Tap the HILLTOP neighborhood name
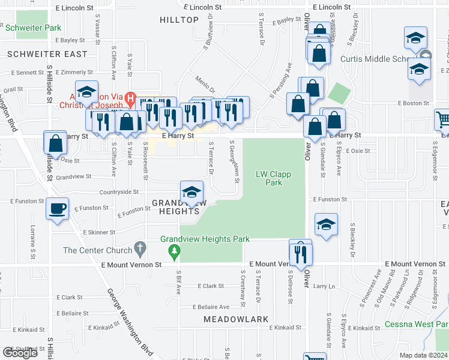coord(179,20)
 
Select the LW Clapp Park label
coord(273,178)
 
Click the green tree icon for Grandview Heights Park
coord(174,250)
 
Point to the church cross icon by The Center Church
coord(140,247)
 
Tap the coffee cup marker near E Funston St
coord(57,209)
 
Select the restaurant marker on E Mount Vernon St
coord(301,251)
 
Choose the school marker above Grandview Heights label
coord(191,193)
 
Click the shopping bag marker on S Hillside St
coord(55,144)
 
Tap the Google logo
coord(20,353)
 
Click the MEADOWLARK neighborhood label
coord(235,319)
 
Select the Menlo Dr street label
coord(205,79)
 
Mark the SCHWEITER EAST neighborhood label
coord(47,54)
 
